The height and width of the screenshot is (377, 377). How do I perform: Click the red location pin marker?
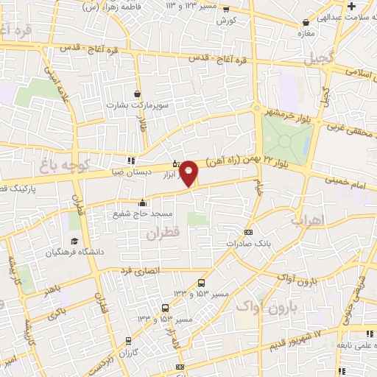click(189, 172)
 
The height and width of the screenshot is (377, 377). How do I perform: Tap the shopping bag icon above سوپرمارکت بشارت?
click(138, 94)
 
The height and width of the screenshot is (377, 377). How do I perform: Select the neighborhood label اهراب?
click(307, 219)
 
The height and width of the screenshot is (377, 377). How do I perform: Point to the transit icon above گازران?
click(129, 341)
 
